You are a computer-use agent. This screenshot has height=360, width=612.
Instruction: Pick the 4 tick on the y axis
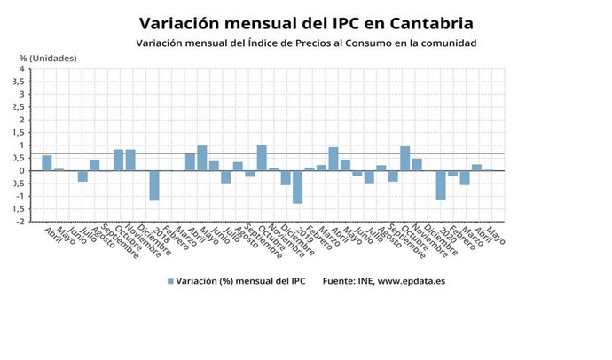[20, 68]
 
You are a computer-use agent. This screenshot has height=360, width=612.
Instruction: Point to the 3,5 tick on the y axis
[17, 82]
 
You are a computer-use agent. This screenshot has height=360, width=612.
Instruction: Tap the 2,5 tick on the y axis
[17, 107]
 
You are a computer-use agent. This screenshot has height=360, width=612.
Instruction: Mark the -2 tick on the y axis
[19, 222]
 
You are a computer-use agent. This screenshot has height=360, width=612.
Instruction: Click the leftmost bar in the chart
[47, 163]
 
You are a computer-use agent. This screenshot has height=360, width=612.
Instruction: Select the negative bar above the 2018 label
[154, 185]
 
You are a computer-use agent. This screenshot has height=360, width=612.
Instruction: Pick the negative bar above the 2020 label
[441, 184]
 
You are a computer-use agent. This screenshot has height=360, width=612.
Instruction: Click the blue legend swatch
[170, 281]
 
